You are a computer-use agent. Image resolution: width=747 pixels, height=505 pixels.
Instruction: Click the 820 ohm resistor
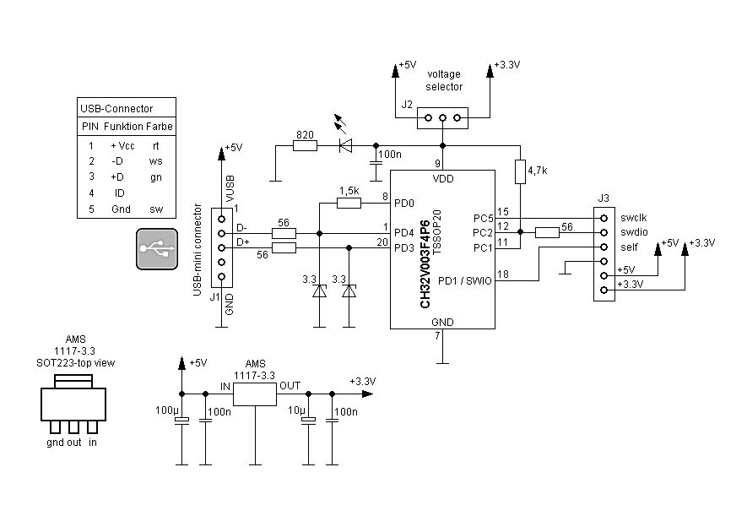(304, 146)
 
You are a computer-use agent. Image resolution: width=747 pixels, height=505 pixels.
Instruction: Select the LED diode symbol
(344, 146)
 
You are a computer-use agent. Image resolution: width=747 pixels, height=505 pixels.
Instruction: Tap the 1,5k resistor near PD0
(349, 203)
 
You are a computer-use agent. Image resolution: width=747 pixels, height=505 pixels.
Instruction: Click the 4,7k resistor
(521, 171)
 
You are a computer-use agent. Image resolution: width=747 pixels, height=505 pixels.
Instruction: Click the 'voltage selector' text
(444, 80)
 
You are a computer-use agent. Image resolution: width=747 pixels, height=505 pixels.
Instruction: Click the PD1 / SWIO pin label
(465, 280)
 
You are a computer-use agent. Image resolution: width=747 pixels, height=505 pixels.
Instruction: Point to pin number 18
(503, 274)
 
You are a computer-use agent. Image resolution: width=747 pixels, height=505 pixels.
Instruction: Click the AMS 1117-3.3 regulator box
(255, 394)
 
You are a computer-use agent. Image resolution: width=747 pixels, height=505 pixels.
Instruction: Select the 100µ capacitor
(181, 421)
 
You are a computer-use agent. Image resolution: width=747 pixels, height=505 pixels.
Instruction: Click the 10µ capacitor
(309, 421)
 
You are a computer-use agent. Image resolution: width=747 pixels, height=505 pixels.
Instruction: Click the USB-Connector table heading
(116, 108)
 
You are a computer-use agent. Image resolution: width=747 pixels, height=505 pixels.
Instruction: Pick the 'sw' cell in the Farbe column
(156, 209)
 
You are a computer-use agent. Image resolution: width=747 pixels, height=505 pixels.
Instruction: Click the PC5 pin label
(482, 218)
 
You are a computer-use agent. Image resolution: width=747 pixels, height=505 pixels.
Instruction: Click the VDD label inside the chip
(442, 179)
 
